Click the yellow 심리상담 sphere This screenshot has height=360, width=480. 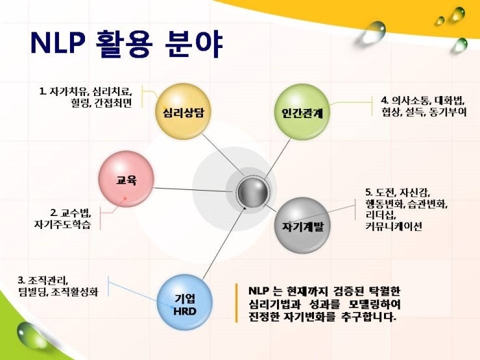point(183,112)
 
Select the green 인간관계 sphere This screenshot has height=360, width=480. point(302,112)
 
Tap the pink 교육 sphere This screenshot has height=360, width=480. point(126,179)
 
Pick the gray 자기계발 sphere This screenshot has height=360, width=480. point(302,226)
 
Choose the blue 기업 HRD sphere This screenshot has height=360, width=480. point(184,302)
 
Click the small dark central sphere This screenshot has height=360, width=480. point(253,193)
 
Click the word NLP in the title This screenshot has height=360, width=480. point(57,43)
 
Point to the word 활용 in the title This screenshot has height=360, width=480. point(124,43)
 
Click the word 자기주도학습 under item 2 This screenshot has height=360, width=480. point(62,224)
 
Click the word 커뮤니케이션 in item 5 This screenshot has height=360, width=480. point(394,226)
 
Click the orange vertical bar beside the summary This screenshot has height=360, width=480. point(236,303)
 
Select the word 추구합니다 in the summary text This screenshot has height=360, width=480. point(368,317)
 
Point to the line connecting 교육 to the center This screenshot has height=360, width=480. point(193,190)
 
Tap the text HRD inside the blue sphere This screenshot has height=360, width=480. point(185,311)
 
